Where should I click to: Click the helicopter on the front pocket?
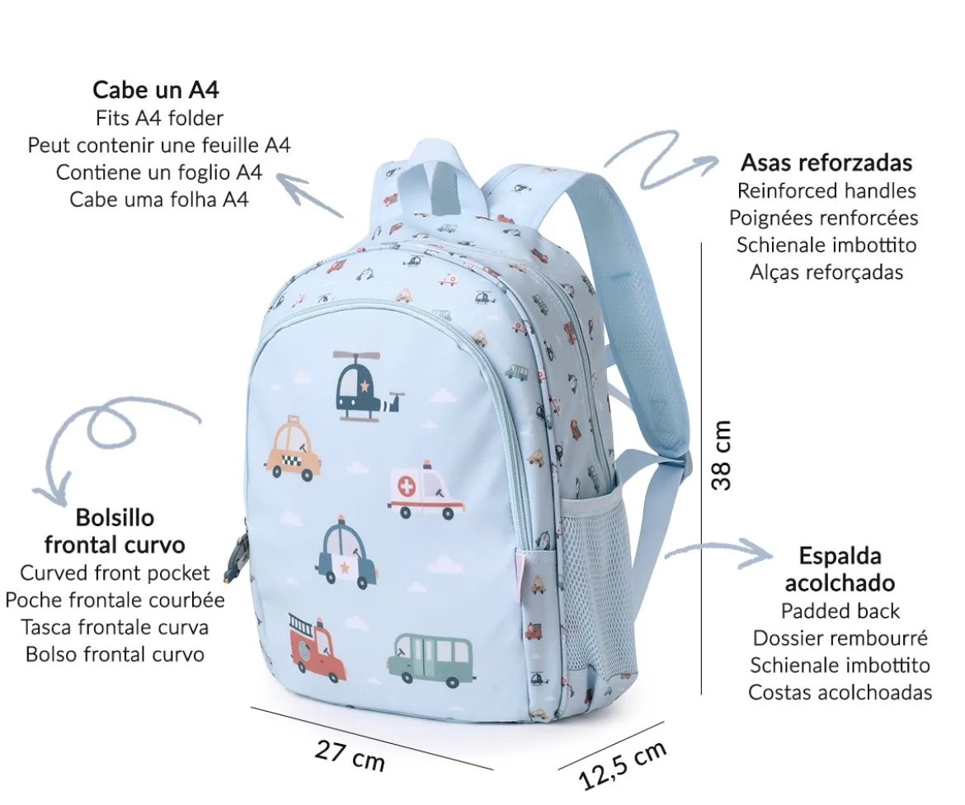click(x=368, y=387)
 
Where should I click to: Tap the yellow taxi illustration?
click(x=294, y=448)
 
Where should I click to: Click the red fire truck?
click(x=318, y=648)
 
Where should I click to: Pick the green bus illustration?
click(x=431, y=661)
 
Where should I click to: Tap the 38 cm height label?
click(x=722, y=455)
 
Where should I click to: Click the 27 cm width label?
click(x=350, y=756)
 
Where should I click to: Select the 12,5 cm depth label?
click(x=623, y=765)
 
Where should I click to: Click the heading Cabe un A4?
click(x=156, y=90)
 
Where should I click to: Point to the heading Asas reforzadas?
click(x=826, y=162)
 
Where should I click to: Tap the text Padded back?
click(x=840, y=611)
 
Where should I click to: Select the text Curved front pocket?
click(x=115, y=573)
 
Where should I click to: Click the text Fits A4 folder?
click(x=159, y=118)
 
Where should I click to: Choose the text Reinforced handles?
click(x=826, y=191)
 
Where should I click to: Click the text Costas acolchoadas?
click(x=840, y=692)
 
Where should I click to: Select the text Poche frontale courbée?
click(x=115, y=600)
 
